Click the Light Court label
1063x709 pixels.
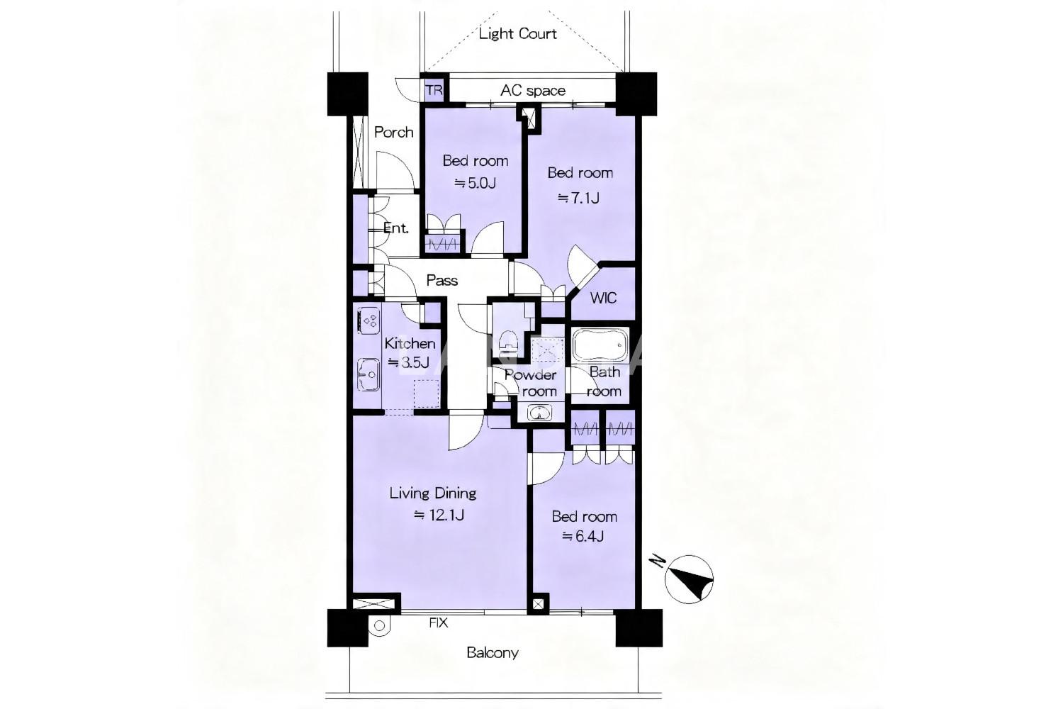tap(518, 34)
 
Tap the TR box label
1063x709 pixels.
tap(434, 90)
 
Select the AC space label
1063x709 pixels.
tap(533, 90)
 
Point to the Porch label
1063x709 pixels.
tap(394, 132)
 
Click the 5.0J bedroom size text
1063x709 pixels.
tap(476, 184)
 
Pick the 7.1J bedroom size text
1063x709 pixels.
tap(578, 197)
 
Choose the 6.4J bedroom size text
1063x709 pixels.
tap(583, 536)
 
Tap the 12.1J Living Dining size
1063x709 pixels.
tap(439, 515)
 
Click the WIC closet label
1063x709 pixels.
tap(603, 298)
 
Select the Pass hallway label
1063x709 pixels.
tap(441, 280)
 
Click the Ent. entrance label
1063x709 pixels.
tap(395, 228)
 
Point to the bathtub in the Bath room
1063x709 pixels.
tap(600, 346)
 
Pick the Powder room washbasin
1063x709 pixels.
tap(539, 412)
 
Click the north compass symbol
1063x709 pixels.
tap(689, 579)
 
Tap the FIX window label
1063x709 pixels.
tap(438, 623)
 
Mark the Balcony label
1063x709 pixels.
tap(492, 653)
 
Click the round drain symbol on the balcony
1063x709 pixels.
tap(380, 626)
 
